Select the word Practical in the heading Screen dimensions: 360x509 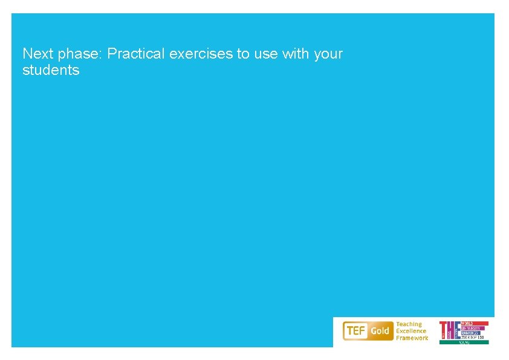[137, 54]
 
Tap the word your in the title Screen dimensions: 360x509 [328, 54]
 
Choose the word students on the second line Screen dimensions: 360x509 [51, 70]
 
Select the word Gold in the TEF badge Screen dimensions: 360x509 [380, 331]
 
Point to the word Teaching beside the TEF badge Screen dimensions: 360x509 [409, 324]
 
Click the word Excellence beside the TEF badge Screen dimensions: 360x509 [411, 331]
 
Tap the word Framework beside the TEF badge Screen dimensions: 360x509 [412, 338]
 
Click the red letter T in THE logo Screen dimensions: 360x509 [443, 330]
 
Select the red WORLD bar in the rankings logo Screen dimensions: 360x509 [475, 323]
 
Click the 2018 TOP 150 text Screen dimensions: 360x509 [474, 337]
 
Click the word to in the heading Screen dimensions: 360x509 [243, 54]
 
